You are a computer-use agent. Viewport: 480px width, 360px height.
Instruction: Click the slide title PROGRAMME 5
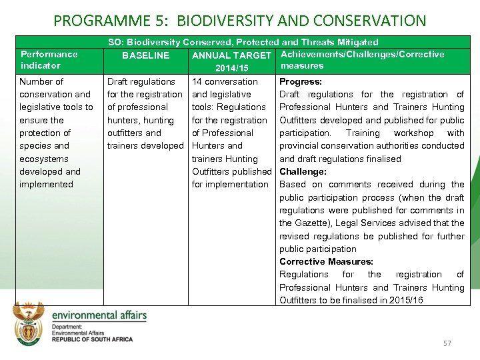(x=239, y=21)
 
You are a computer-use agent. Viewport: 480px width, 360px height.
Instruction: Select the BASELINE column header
(x=145, y=55)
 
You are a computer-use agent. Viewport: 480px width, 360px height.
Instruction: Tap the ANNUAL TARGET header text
(x=231, y=55)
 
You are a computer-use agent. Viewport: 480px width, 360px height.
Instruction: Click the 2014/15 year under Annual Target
(x=231, y=68)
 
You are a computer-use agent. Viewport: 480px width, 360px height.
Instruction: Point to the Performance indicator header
(x=49, y=60)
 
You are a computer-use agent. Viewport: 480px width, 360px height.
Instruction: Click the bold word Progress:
(x=301, y=81)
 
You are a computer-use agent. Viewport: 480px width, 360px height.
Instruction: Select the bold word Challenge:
(x=303, y=171)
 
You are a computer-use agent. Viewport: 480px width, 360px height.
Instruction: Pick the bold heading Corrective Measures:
(x=326, y=261)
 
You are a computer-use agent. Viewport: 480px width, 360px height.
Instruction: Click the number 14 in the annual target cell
(x=197, y=81)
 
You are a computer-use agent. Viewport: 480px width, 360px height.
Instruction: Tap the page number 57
(x=447, y=343)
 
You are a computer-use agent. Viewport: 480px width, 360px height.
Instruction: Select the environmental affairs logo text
(x=99, y=315)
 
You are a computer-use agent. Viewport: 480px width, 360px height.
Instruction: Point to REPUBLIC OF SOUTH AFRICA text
(x=92, y=339)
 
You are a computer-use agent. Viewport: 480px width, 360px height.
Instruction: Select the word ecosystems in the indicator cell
(x=44, y=159)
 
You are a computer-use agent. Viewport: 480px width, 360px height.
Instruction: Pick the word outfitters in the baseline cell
(x=128, y=133)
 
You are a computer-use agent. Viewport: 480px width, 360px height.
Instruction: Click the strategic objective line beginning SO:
(x=243, y=42)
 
